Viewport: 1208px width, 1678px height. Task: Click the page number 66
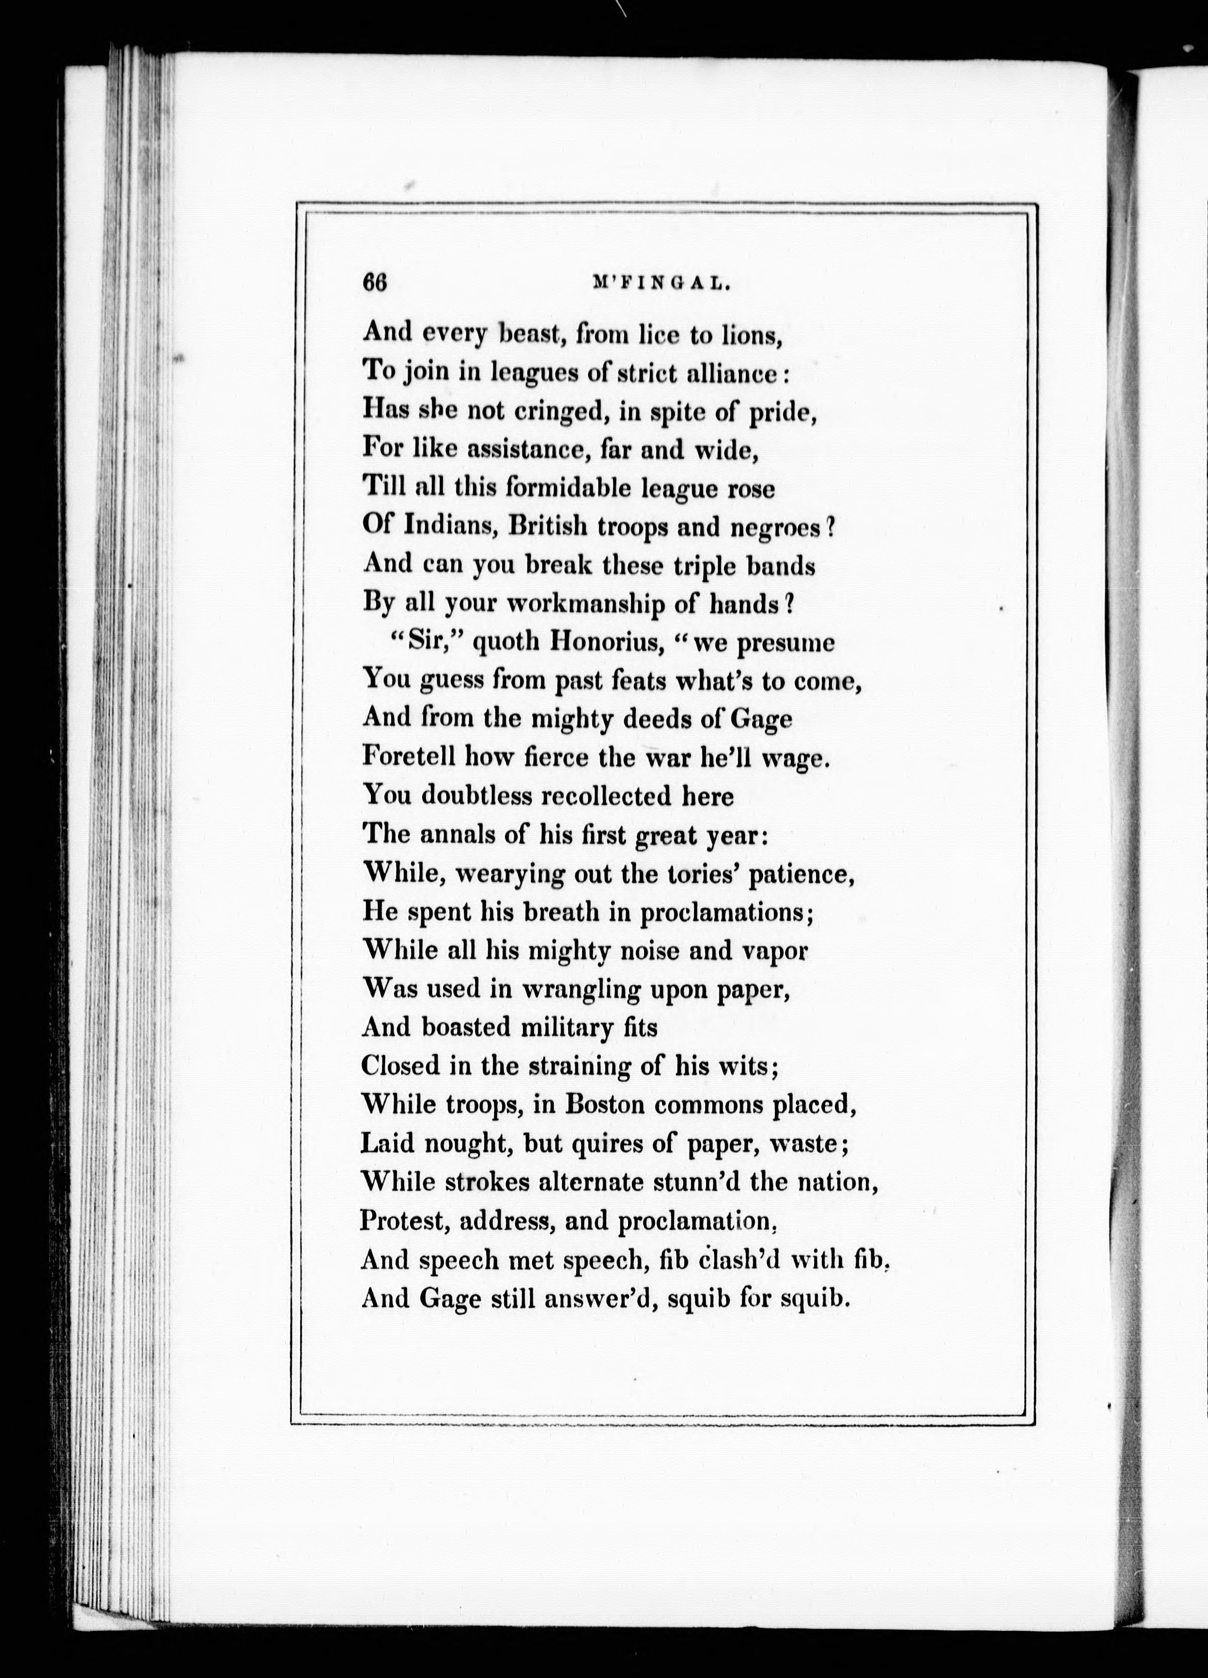coord(375,284)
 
